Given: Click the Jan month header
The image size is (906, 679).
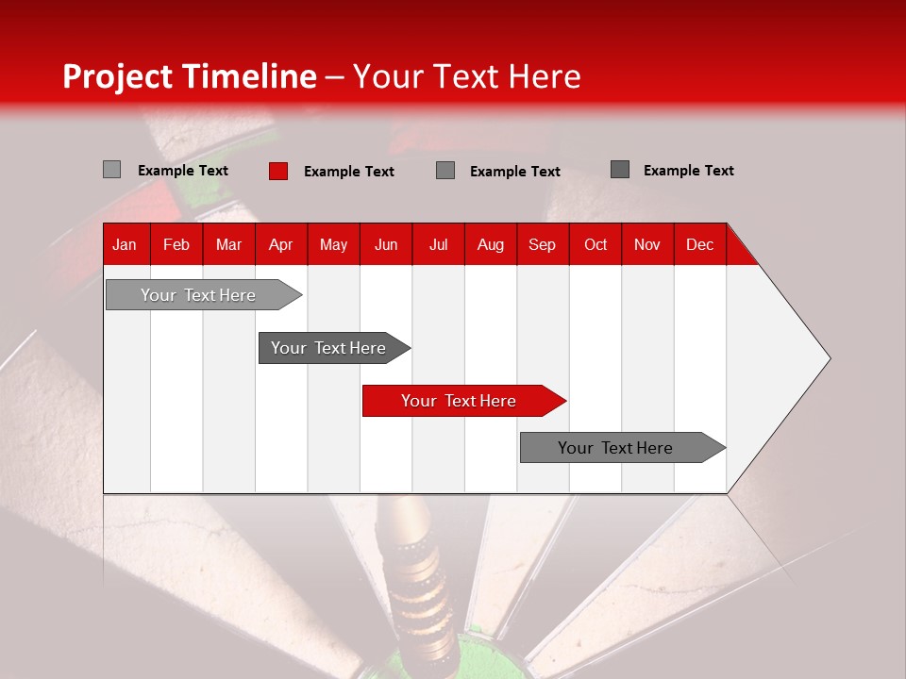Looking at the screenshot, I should tap(126, 244).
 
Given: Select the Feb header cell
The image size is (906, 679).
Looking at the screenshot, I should tap(176, 244).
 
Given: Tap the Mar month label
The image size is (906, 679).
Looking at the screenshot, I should tap(228, 244).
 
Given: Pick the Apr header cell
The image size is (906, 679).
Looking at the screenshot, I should tap(281, 244).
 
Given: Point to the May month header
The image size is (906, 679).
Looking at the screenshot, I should tap(333, 244).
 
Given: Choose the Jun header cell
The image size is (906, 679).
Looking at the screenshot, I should tap(386, 244).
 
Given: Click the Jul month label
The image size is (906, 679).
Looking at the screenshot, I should tap(438, 244).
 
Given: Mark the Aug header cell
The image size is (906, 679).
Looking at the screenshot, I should tap(491, 244).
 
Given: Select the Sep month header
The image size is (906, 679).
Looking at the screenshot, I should tap(543, 244).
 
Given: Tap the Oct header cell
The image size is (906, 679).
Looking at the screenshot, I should tap(596, 244).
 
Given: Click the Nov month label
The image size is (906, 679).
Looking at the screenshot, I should tap(647, 244).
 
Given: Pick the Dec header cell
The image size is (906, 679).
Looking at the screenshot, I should tap(700, 244).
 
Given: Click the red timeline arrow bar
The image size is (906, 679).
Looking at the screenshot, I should tap(462, 401).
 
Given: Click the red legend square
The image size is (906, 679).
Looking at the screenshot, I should tap(278, 171).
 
